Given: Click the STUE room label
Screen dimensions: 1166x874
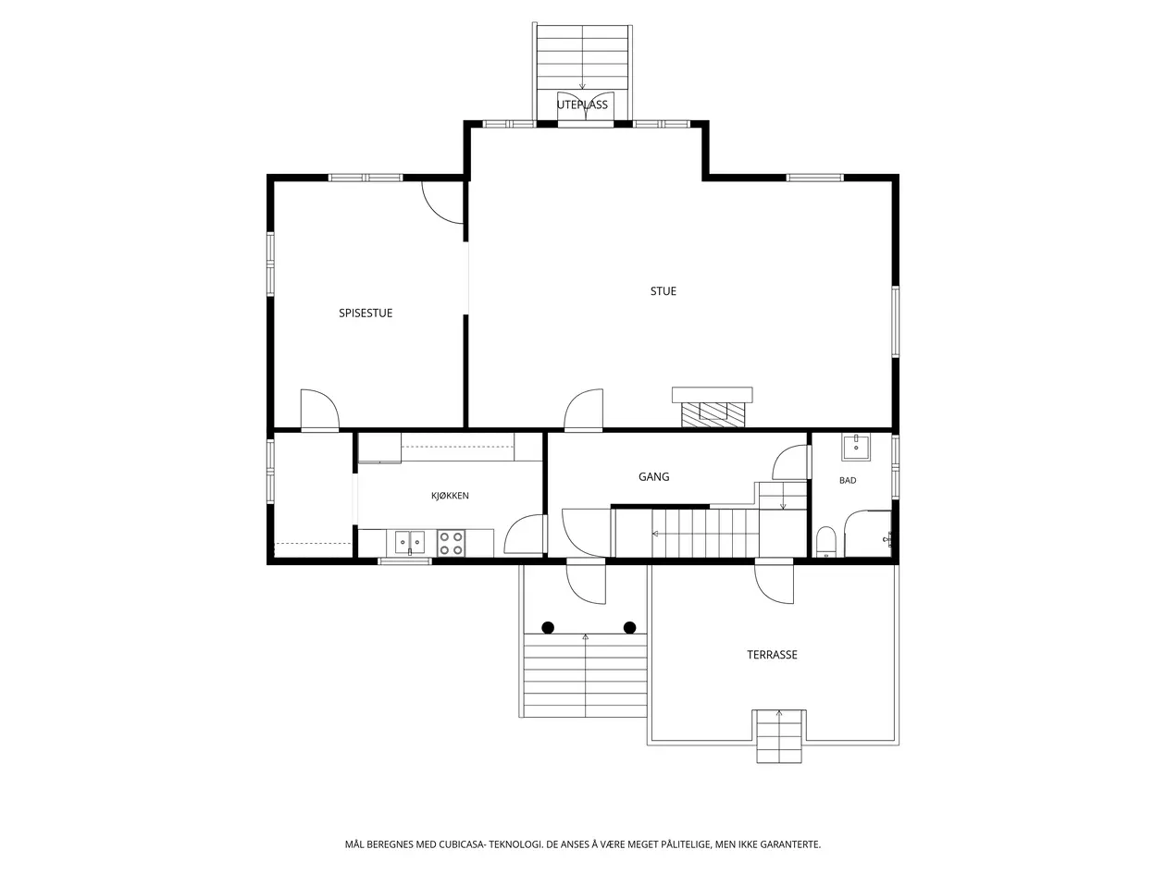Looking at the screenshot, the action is (663, 290).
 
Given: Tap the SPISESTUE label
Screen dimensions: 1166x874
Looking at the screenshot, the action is (366, 314).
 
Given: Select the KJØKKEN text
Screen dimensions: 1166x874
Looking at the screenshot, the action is (450, 496).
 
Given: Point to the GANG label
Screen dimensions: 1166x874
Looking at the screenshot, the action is (653, 476).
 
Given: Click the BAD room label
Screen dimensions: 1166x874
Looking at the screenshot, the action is (848, 480).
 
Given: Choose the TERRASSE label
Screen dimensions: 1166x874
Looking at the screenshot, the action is (772, 655).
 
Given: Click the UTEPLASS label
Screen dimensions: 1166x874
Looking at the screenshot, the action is (582, 105).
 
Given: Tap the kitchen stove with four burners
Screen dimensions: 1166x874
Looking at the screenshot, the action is (451, 544).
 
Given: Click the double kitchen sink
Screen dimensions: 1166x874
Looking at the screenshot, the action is (410, 543).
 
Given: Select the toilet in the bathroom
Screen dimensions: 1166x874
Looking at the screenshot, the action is (826, 542).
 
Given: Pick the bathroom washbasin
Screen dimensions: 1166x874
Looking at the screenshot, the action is (855, 447).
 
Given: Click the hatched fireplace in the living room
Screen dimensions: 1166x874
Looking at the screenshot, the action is (713, 414).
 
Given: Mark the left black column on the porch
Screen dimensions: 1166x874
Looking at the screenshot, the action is (548, 628).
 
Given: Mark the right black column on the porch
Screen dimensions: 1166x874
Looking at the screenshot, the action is (629, 628).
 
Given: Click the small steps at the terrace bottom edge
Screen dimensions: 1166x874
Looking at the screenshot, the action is (779, 736).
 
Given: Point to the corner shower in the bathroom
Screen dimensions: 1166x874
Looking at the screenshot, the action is (868, 534).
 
